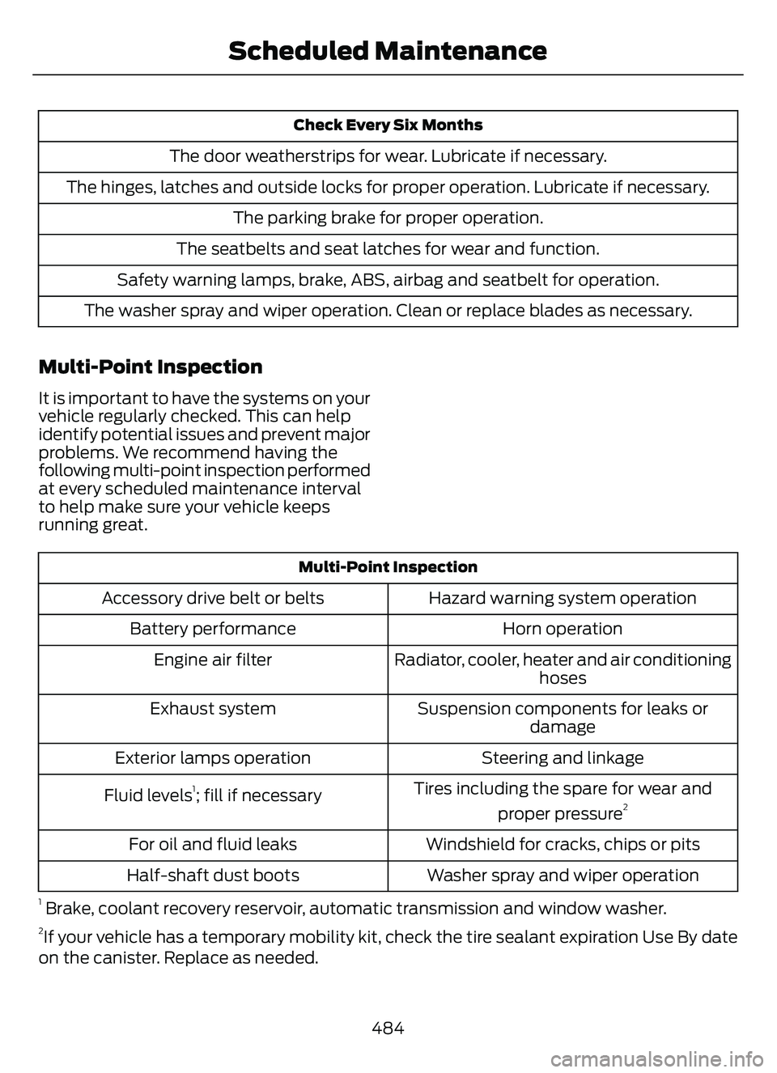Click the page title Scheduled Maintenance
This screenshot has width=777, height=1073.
(387, 51)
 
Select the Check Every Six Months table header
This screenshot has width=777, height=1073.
(388, 125)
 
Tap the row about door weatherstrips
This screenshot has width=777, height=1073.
(388, 155)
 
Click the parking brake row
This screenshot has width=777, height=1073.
(388, 218)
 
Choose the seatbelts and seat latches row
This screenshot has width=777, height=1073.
(388, 248)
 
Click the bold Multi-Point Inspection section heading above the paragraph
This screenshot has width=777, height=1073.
(151, 367)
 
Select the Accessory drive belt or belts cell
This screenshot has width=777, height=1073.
(213, 598)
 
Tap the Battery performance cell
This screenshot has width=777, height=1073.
(213, 629)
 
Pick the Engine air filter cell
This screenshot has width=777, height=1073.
(213, 659)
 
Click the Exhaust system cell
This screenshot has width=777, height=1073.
(213, 709)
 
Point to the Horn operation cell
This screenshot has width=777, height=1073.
(563, 629)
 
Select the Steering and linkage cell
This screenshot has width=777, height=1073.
(563, 758)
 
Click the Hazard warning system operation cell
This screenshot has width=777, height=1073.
(563, 598)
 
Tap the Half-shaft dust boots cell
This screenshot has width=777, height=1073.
(213, 876)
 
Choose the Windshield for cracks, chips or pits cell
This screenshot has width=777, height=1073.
(563, 844)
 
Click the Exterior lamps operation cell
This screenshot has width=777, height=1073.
(213, 758)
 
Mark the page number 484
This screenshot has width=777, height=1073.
(388, 1028)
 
